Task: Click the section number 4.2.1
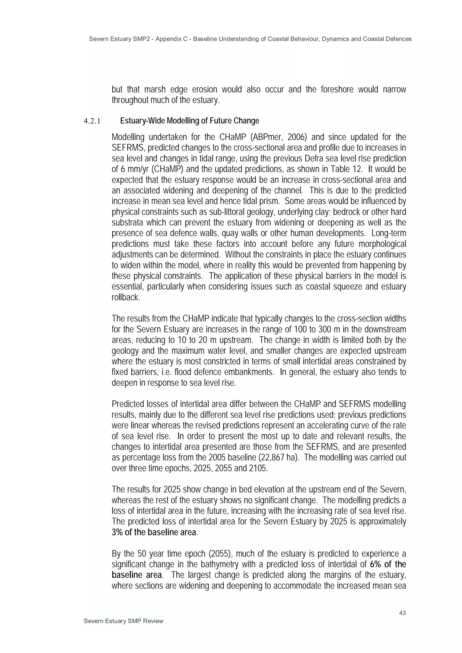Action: pyautogui.click(x=92, y=121)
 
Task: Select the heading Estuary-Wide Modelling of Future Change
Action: pyautogui.click(x=189, y=121)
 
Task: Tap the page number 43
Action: pyautogui.click(x=402, y=613)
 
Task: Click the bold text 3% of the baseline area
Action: pyautogui.click(x=154, y=532)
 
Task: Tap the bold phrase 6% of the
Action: pyautogui.click(x=388, y=564)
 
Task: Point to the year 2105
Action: pyautogui.click(x=258, y=468)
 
